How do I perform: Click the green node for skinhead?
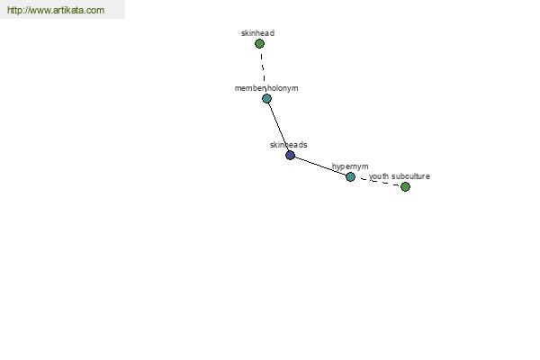pos(259,44)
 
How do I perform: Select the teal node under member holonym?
pos(266,99)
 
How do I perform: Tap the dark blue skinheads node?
pos(291,156)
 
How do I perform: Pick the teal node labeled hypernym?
pos(350,176)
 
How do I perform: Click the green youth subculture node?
pos(405,186)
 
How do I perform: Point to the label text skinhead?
pos(257,33)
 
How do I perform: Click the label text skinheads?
pos(288,145)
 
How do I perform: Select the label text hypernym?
pos(350,166)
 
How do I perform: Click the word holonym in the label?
pos(283,88)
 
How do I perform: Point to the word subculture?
pos(410,176)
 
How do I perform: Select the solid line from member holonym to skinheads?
pos(278,127)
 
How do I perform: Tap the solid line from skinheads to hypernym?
pos(320,166)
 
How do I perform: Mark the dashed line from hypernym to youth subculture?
pos(378,182)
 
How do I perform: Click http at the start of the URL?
pos(15,10)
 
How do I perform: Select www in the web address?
pos(40,11)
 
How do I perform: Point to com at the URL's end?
pos(97,11)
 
